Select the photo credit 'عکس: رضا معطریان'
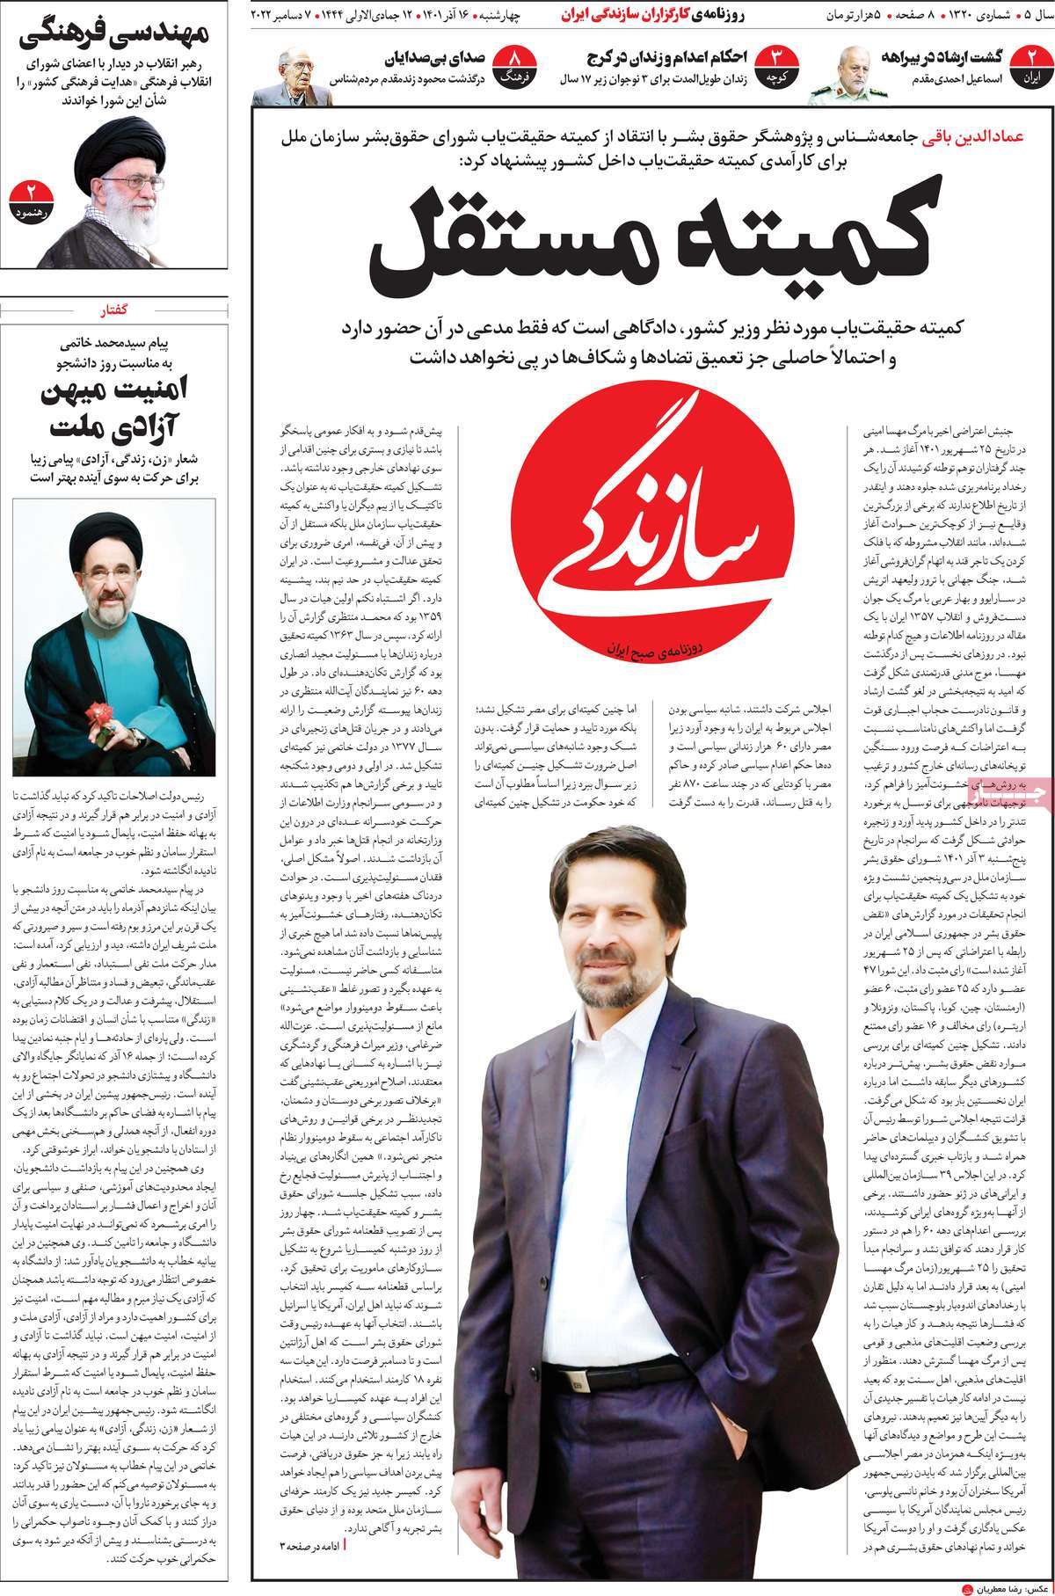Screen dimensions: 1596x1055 click(1002, 1583)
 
